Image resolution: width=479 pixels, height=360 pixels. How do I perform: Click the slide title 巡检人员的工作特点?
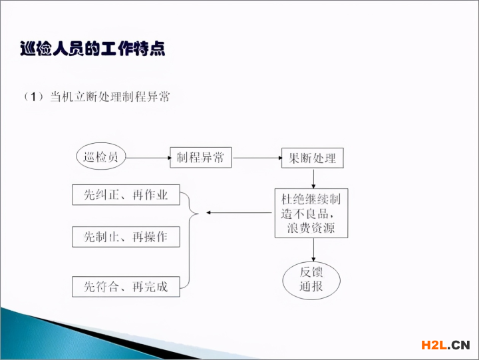[x=92, y=49]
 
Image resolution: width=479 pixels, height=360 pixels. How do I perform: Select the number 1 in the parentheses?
[x=33, y=97]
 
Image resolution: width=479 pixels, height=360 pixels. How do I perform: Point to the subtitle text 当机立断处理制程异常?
[x=110, y=97]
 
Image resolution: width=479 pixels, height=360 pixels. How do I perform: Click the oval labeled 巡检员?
[x=101, y=156]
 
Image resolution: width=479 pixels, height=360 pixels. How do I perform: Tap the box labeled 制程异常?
[x=201, y=158]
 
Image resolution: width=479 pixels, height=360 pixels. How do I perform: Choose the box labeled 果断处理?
[x=313, y=158]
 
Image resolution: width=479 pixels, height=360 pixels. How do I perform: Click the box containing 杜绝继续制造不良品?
[x=311, y=214]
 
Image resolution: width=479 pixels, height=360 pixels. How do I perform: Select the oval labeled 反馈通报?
[x=311, y=280]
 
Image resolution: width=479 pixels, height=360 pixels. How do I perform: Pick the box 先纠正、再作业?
[x=126, y=195]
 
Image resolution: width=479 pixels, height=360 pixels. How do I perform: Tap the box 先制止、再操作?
[x=126, y=237]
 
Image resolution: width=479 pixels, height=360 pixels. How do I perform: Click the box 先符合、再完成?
[x=126, y=287]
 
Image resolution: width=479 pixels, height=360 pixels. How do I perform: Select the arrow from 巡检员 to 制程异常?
[x=149, y=158]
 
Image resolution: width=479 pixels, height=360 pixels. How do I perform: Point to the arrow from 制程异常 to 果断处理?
[x=257, y=158]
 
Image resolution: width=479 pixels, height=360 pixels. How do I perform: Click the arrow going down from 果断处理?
[x=313, y=178]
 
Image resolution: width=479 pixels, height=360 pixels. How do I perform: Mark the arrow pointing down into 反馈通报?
[x=313, y=250]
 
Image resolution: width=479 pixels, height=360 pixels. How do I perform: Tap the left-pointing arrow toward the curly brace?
[x=239, y=213]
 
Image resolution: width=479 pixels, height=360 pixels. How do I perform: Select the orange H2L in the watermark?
[x=434, y=345]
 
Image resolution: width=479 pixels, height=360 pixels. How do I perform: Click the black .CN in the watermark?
[x=459, y=345]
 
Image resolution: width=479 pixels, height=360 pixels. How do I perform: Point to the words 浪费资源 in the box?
[x=311, y=228]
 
